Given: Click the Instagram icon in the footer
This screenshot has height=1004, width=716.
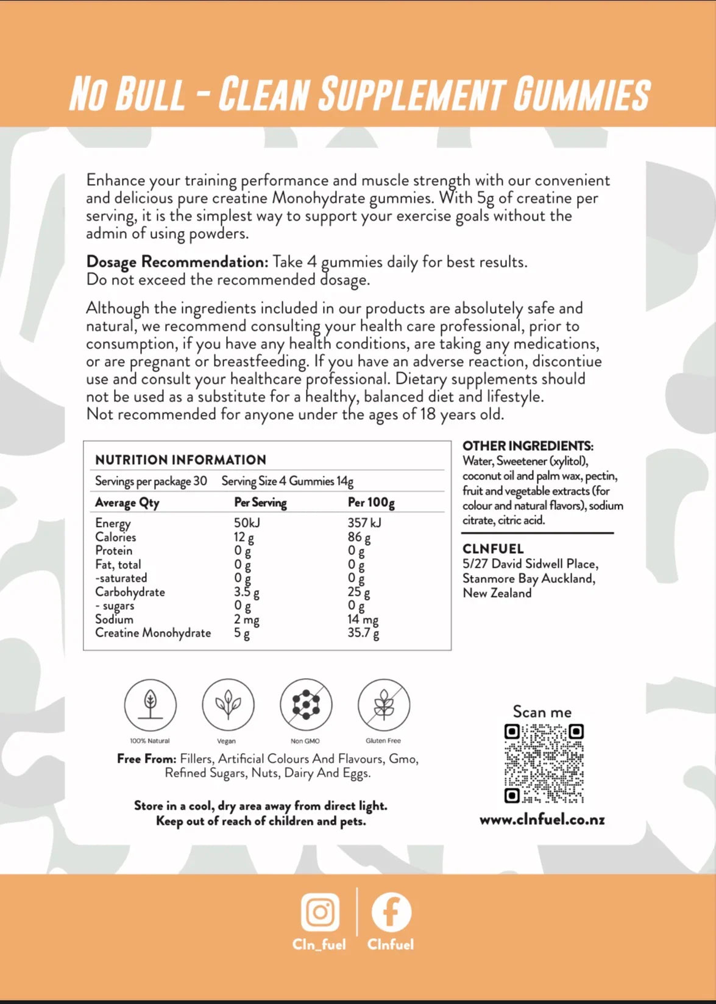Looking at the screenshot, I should pos(320,912).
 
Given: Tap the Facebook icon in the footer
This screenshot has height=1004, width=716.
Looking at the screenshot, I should pos(391,912).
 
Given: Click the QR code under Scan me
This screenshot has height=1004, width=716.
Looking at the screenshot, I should pos(544,763).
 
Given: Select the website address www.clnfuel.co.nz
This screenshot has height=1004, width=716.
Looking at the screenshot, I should pos(542,819).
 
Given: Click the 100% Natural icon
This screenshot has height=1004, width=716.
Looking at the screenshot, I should pos(150,705).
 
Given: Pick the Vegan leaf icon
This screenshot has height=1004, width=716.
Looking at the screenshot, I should pos(228,705).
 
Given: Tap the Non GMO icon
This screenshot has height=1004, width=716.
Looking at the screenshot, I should pos(306,705).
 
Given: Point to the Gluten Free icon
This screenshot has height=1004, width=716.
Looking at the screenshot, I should pos(384,705).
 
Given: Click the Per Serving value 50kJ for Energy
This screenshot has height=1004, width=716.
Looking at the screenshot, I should pos(247,523).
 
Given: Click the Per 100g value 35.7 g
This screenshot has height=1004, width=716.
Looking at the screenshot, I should pos(363,633).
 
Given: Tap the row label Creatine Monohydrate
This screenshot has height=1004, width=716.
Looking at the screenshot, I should pos(153,633).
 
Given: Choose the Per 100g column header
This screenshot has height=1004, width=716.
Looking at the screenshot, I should pos(371,503).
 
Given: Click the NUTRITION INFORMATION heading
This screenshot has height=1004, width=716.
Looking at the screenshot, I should pos(180,460).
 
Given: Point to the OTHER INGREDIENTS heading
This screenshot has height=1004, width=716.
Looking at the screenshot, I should pos(528,446).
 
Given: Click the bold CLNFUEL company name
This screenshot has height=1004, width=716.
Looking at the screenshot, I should pos(493,549).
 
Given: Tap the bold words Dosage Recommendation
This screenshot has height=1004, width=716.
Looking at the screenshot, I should pos(177,262).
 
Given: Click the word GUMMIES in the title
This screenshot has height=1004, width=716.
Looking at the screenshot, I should pos(582,94).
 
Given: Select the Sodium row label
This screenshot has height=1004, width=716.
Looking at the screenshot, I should pos(114,620).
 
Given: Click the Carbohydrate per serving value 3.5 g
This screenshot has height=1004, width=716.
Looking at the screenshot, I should pos(247,592).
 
